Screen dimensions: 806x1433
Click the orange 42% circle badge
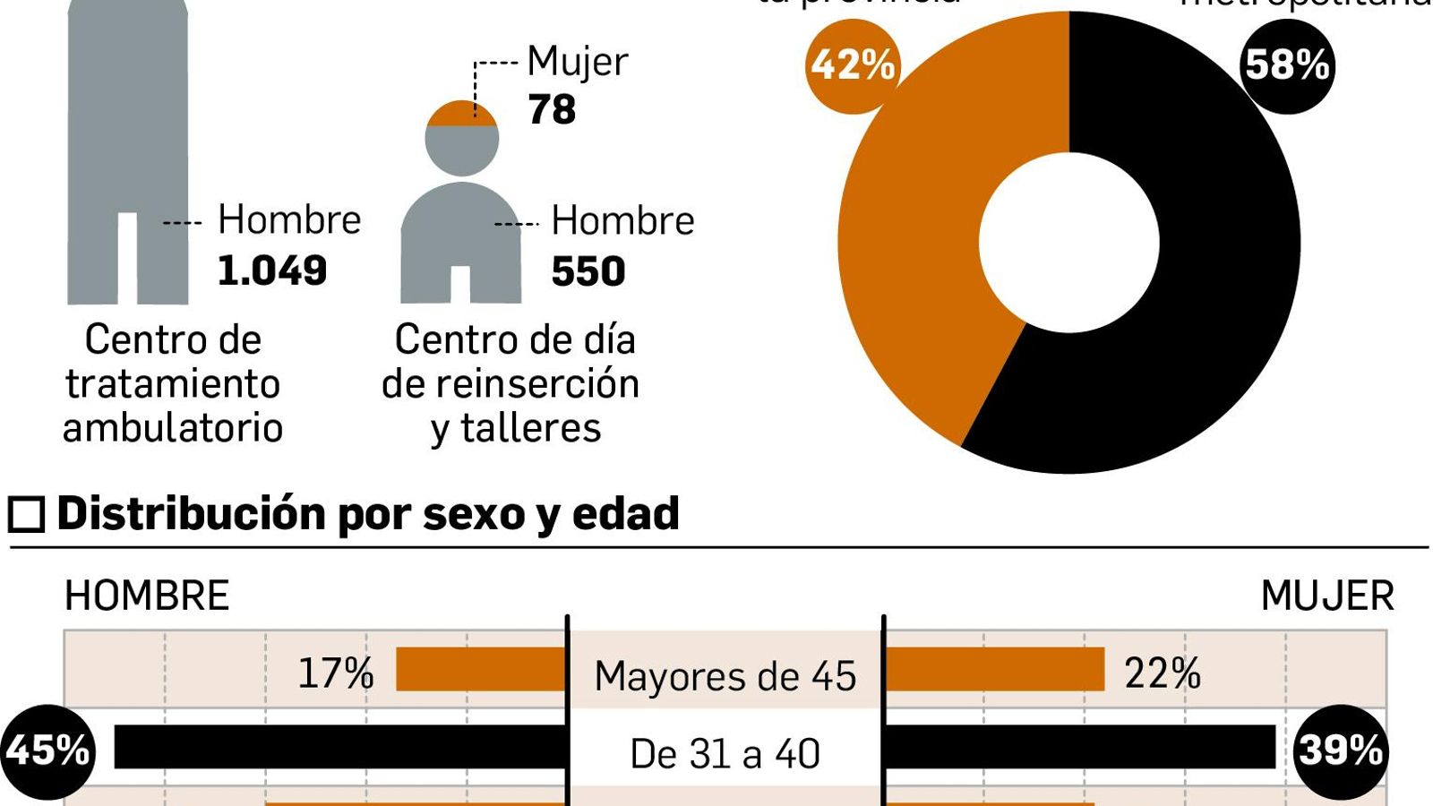tap(852, 66)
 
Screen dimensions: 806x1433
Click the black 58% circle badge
tap(1287, 66)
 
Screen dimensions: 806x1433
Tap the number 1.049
tap(272, 270)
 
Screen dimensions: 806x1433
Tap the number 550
tap(588, 271)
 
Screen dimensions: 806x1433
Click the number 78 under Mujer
tap(552, 110)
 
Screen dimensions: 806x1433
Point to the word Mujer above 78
tap(578, 62)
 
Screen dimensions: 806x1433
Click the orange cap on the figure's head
tap(461, 115)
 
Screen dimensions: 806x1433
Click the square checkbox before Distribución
tap(26, 515)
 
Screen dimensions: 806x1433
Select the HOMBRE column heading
tap(147, 596)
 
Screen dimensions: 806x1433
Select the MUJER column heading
tap(1326, 596)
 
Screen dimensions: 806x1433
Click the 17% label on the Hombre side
tap(335, 673)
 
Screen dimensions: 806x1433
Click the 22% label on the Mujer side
tap(1162, 673)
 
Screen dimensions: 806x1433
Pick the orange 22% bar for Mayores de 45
tap(994, 669)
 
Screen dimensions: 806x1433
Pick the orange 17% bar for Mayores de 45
tap(481, 669)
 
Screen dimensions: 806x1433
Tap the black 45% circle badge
tap(47, 750)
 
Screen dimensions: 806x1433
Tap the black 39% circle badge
tap(1341, 750)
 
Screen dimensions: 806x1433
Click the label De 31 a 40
tap(725, 754)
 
